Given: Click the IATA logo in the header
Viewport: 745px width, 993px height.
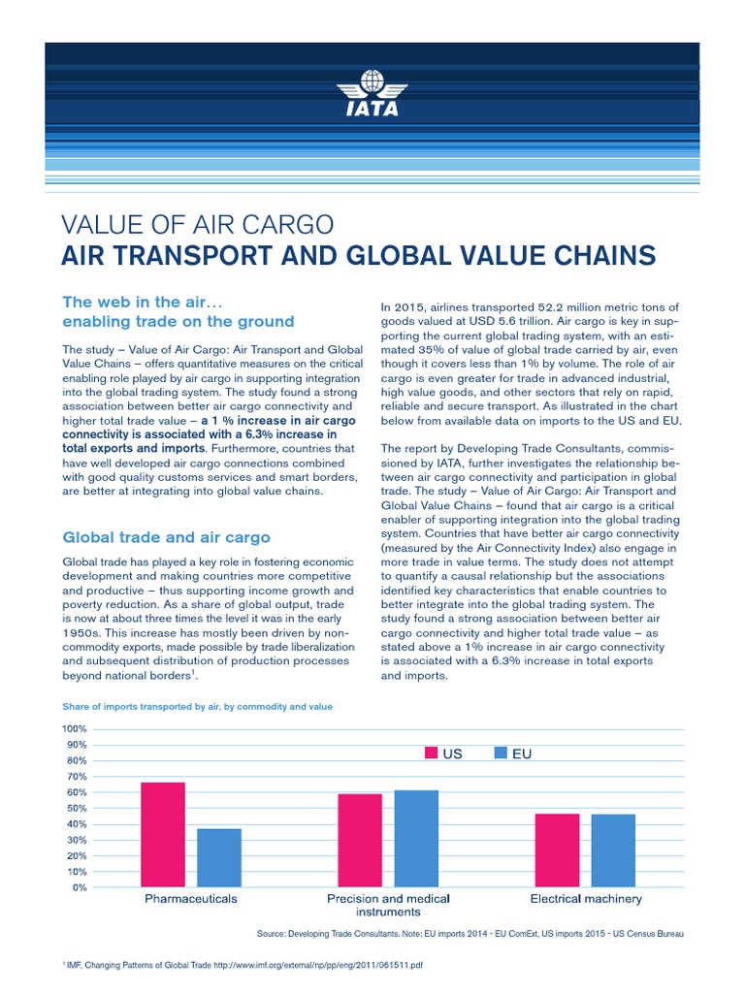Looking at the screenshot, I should [x=372, y=94].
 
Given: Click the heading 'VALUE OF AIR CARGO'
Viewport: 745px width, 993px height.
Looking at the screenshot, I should [x=198, y=225].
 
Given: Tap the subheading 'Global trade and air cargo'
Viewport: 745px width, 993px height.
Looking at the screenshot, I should [x=166, y=536].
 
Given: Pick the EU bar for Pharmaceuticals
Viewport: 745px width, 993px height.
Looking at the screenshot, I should [x=219, y=857].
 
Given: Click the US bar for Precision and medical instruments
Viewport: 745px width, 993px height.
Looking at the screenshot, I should [x=360, y=840].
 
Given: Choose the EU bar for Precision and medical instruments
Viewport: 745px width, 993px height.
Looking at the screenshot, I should [x=416, y=838].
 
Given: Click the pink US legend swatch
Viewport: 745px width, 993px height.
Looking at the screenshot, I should [x=432, y=753].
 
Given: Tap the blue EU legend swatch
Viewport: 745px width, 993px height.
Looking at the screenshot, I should [x=502, y=753].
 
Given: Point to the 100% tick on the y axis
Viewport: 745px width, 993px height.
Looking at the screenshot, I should [x=75, y=728].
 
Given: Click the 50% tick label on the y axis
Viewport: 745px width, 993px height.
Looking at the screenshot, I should [x=77, y=808].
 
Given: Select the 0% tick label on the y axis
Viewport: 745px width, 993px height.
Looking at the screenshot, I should [x=80, y=887].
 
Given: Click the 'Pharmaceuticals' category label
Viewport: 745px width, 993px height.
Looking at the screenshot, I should [x=191, y=899].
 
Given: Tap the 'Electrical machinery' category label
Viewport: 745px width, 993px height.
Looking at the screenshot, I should [x=586, y=899].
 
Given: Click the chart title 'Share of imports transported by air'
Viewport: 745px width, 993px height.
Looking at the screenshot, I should [x=197, y=707].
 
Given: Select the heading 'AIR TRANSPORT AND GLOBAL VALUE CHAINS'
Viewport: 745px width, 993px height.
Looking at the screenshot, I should [x=358, y=256].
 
